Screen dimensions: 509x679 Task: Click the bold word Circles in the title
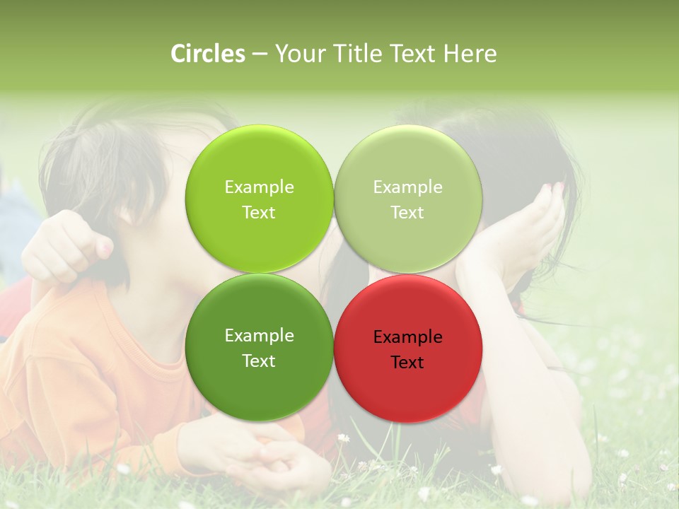pos(207,54)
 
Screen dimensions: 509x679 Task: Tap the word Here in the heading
pos(470,54)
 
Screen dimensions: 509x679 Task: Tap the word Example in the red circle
pos(408,337)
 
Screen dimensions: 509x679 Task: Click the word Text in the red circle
pos(407,363)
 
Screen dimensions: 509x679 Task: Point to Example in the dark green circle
pos(259,336)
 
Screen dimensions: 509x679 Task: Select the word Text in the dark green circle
pos(259,361)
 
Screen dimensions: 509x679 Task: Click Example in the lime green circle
pos(259,187)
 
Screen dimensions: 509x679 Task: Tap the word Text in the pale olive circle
pos(407,213)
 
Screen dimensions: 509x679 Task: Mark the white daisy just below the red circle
pos(344,438)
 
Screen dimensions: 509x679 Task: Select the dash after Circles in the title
pos(259,54)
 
